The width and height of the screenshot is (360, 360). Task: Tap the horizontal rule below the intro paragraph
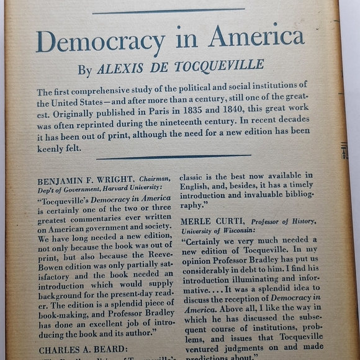[174, 156]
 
